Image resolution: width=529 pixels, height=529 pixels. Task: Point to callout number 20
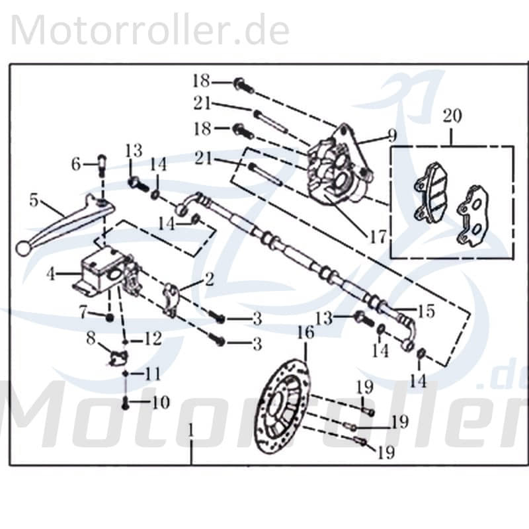tap(452, 116)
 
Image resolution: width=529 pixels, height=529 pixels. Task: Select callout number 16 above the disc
tap(305, 332)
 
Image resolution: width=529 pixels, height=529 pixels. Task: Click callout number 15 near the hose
tap(426, 311)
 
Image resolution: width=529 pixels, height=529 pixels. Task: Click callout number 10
tap(161, 402)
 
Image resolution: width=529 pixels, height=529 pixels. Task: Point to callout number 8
tap(91, 340)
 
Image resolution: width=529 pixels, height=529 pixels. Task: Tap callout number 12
tap(153, 340)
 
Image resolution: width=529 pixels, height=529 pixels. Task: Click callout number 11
tap(153, 374)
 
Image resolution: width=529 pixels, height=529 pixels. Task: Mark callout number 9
tap(392, 136)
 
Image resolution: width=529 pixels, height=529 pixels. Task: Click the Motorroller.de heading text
tap(151, 31)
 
